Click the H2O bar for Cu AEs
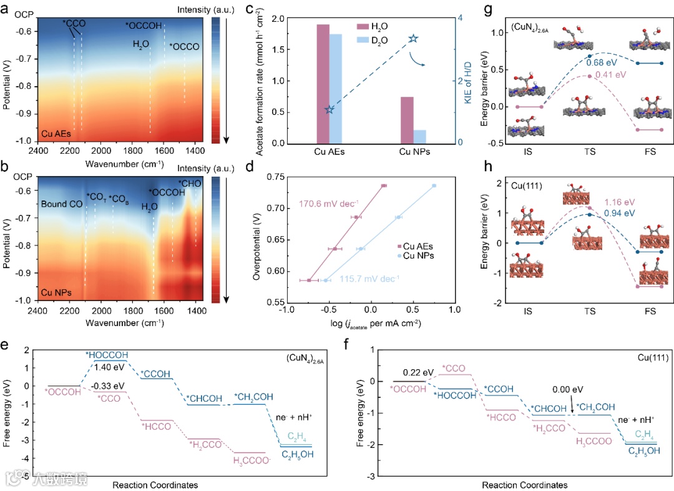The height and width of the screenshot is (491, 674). coord(323,84)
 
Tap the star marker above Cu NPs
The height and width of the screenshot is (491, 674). coord(413,39)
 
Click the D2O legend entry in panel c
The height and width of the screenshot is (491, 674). coord(382,39)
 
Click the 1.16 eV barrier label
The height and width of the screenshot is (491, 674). coord(618,202)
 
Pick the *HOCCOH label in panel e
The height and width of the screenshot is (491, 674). coord(108,354)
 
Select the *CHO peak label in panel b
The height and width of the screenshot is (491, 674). coord(190,183)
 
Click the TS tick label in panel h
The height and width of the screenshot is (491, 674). coord(589,310)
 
